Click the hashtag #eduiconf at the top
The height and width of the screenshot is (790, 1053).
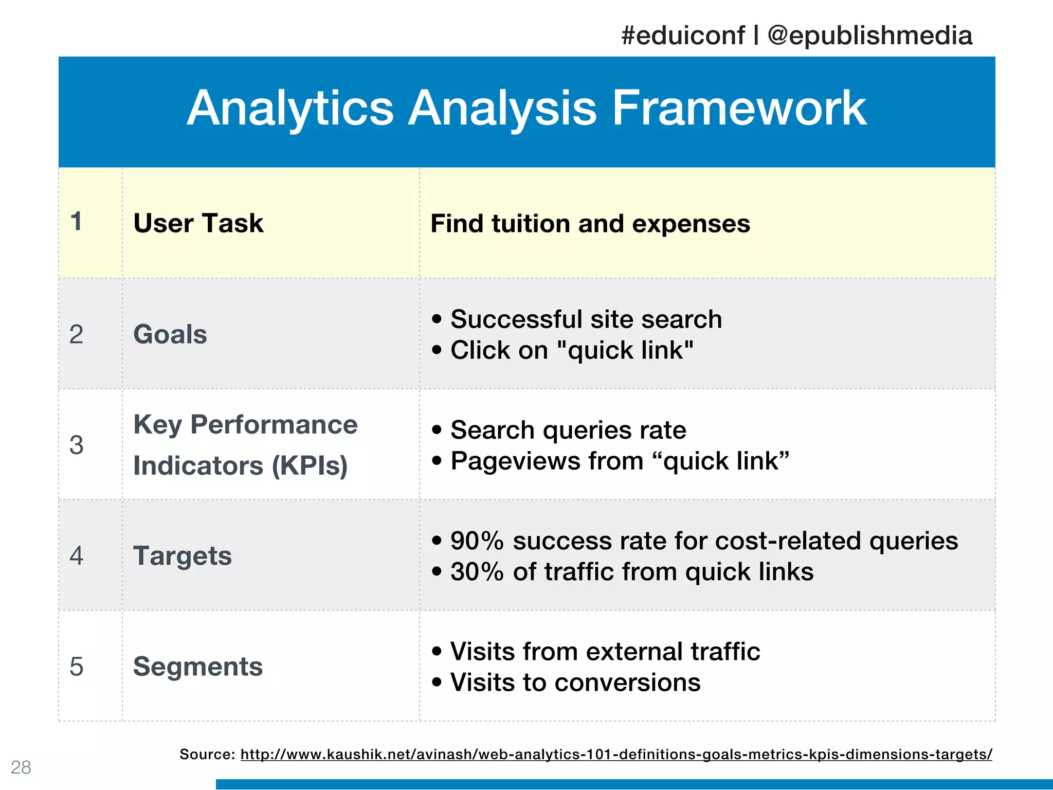(x=683, y=36)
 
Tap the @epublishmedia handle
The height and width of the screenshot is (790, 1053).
(x=869, y=36)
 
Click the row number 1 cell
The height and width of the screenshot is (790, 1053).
(x=77, y=222)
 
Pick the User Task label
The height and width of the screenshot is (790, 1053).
(x=198, y=223)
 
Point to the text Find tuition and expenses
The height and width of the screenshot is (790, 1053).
(x=590, y=224)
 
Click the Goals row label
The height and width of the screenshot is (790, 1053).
(x=170, y=334)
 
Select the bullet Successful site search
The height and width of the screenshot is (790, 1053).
(x=586, y=319)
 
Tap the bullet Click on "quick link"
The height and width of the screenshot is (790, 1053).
(x=571, y=350)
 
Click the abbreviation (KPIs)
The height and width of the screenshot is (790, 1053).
(x=310, y=466)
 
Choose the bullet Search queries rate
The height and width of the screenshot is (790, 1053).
(x=568, y=430)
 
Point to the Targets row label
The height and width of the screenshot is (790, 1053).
(x=183, y=556)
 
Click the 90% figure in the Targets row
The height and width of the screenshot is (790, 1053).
(x=477, y=541)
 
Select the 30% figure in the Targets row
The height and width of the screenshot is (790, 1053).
(x=477, y=572)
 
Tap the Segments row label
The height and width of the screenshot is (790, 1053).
(x=198, y=667)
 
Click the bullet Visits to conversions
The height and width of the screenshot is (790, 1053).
(x=575, y=683)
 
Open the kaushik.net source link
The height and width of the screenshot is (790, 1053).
(x=616, y=755)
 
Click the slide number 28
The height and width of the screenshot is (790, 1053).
(x=21, y=767)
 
